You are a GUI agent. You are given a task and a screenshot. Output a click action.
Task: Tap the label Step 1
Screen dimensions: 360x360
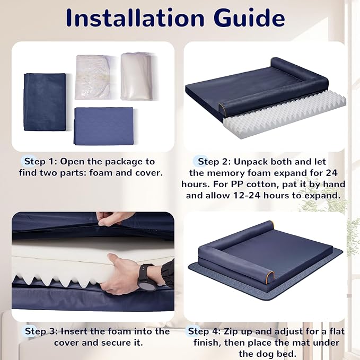click(38, 161)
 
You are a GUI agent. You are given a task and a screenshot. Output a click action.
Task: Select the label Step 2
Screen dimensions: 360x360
click(212, 161)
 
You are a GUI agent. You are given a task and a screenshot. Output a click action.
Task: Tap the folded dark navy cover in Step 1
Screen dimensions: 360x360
click(45, 101)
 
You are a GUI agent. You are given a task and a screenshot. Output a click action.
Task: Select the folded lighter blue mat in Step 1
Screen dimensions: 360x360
click(103, 125)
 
